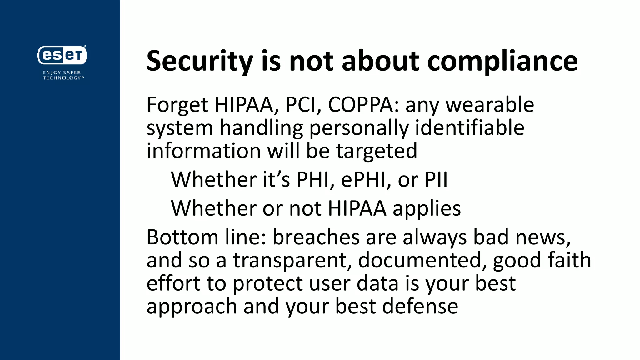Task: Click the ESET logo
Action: (62, 55)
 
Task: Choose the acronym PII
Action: (436, 180)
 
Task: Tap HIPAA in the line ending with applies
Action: (357, 208)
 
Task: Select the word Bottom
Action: (182, 237)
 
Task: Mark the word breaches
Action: (316, 237)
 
